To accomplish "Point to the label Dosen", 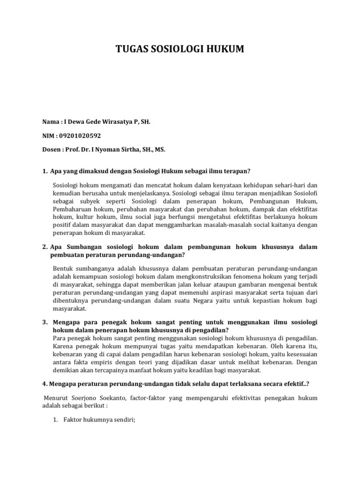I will point(51,150).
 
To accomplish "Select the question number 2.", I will point(44,247).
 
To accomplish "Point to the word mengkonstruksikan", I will point(217,276).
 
